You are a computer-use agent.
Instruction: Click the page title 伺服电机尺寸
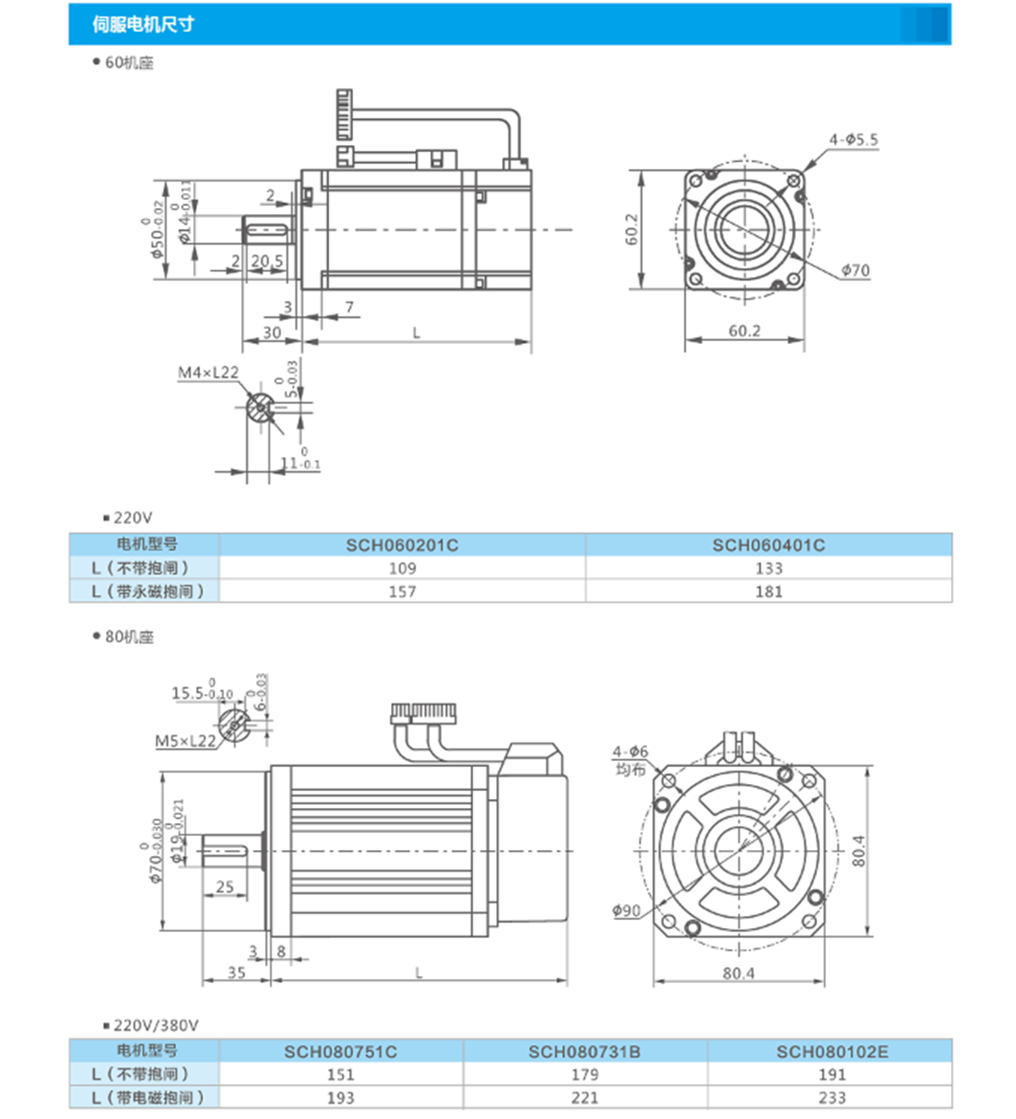coord(143,24)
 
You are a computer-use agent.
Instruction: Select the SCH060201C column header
coord(402,545)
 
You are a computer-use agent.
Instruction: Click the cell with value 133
coord(768,568)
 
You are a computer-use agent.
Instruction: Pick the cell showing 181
coord(768,591)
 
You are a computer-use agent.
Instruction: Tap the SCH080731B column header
coord(584,1052)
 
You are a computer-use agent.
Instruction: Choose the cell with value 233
coord(831,1098)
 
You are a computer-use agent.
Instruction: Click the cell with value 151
coord(340,1075)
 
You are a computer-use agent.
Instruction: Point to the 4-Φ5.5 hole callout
coord(852,139)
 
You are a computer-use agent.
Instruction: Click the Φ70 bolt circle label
coord(855,270)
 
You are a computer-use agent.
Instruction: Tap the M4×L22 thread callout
coord(208,373)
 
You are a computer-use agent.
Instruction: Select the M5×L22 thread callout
coord(185,742)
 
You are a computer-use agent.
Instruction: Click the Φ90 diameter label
coord(626,911)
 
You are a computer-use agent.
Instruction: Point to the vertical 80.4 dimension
coord(858,851)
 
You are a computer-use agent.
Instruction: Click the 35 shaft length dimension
coord(236,973)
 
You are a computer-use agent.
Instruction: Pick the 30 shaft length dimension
coord(272,333)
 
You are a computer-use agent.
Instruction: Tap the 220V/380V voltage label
coord(156,1026)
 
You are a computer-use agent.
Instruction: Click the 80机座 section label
coord(129,637)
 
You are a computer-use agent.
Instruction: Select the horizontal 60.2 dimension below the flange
coord(744,331)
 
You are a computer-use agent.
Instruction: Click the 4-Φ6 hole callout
coord(630,751)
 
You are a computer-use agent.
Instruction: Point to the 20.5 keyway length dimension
coord(267,261)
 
